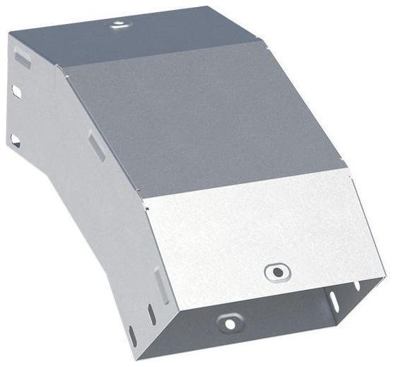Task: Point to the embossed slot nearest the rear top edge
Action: coord(23,59)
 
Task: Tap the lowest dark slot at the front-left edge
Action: coord(131,332)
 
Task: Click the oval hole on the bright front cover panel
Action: coord(276,272)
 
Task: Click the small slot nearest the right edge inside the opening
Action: coord(357,286)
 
